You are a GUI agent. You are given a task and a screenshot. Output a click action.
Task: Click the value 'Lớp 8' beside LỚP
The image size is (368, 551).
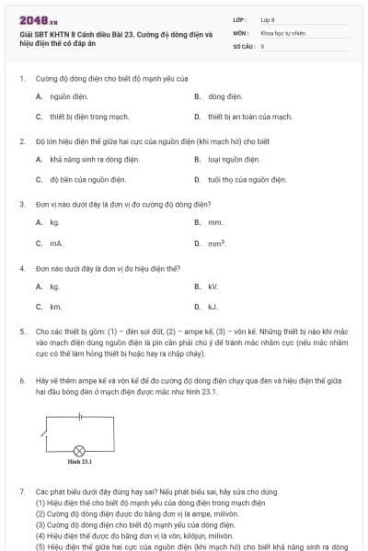pos(268,18)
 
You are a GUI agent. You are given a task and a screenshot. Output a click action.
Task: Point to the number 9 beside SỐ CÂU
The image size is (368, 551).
pos(262,45)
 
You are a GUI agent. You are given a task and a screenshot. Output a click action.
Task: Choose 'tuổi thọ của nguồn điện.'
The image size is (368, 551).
pos(242,180)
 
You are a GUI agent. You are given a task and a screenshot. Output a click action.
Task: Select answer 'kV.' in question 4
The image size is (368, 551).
pos(213,287)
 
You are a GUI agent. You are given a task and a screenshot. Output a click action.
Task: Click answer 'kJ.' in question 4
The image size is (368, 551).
pos(213,307)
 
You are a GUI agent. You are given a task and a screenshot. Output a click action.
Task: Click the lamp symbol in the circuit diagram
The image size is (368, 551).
pos(79,450)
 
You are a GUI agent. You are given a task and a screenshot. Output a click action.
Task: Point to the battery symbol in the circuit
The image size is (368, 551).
pos(81,416)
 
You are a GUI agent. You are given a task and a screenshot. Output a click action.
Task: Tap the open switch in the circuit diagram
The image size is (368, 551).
pos(45,432)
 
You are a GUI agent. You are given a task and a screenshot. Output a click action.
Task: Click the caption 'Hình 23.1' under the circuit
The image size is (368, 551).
pos(79,462)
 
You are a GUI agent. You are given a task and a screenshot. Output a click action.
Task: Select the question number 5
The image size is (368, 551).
pos(22,330)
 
